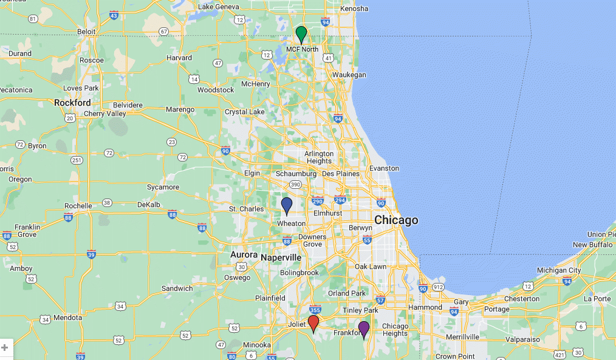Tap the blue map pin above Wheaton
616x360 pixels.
tap(287, 205)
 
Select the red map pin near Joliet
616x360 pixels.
tap(313, 322)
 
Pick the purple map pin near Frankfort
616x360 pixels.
tap(364, 329)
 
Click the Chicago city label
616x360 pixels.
tap(396, 220)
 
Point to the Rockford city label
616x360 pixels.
tap(72, 103)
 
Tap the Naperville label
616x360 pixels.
tap(281, 257)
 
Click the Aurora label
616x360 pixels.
tap(244, 254)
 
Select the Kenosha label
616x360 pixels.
tap(355, 8)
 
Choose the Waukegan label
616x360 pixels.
tap(349, 75)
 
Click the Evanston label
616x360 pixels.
tap(384, 168)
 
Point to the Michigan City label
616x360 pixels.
tap(559, 270)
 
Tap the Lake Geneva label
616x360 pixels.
tap(219, 7)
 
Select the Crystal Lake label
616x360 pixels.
tap(245, 112)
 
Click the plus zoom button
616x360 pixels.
tap(5, 348)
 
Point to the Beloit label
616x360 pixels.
tap(86, 31)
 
